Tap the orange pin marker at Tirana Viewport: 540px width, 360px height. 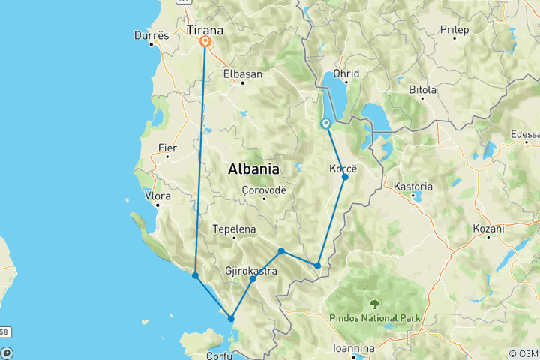point(205,42)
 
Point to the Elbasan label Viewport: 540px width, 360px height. point(242,74)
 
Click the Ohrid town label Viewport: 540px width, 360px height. point(346,73)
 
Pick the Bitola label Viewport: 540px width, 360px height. point(422,89)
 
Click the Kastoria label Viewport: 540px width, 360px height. point(413,187)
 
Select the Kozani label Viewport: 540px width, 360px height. point(488,227)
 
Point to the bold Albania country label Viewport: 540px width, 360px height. point(253,169)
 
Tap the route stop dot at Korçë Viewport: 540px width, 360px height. point(345,178)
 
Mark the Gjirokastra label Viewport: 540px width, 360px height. point(251,270)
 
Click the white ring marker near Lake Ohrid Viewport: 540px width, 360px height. point(326,124)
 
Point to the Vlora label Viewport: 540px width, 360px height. point(158,196)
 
